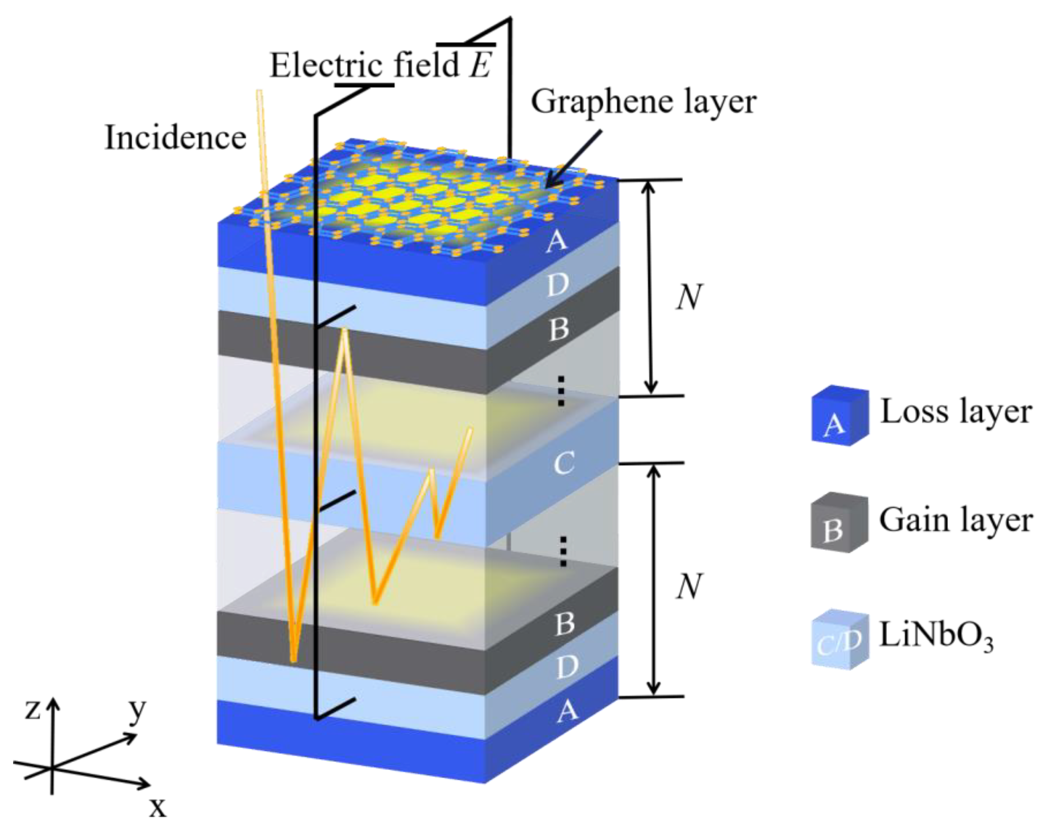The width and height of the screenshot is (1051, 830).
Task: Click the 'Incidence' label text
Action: (175, 137)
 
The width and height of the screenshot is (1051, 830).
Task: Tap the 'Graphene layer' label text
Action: (643, 101)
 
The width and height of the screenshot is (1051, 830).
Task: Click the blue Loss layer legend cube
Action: (839, 415)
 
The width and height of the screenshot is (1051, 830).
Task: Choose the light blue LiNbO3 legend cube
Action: (839, 639)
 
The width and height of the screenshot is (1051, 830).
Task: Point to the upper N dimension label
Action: (689, 298)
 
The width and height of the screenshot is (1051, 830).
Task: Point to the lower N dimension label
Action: (689, 587)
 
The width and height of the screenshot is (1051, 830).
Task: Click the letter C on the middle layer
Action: (564, 463)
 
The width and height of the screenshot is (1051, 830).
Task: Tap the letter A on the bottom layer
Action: (567, 711)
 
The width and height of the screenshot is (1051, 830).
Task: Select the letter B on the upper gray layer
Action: (558, 329)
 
